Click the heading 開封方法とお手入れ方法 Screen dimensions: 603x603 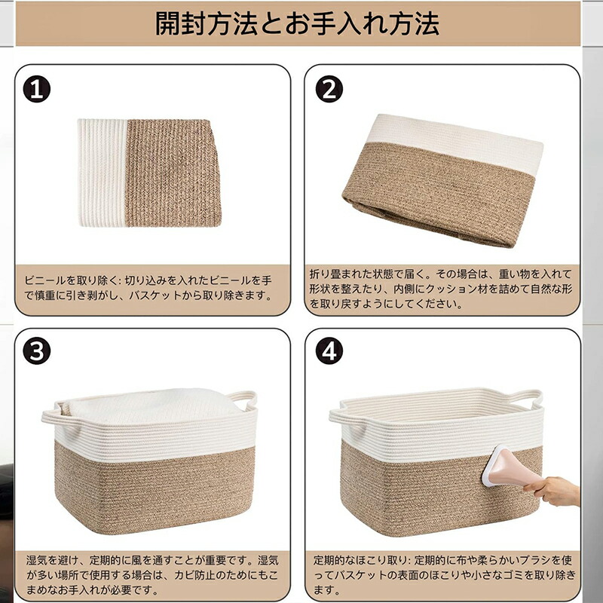pyautogui.click(x=297, y=23)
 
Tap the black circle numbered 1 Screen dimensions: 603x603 pyautogui.click(x=37, y=89)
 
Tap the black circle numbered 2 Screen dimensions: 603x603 pyautogui.click(x=329, y=89)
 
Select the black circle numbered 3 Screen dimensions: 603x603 pyautogui.click(x=37, y=351)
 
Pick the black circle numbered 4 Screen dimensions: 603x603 pyautogui.click(x=329, y=351)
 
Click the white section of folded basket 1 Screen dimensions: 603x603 pyautogui.click(x=103, y=173)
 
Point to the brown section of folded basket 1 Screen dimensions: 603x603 pyautogui.click(x=173, y=173)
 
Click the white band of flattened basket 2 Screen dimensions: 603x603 pyautogui.click(x=454, y=144)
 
